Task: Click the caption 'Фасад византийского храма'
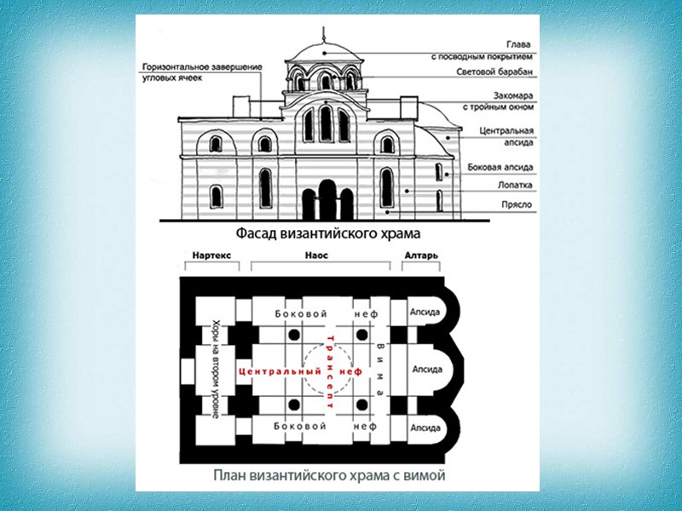[327, 232]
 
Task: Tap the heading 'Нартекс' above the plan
[211, 255]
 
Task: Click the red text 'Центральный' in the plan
[275, 372]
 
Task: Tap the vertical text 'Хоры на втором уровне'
[214, 369]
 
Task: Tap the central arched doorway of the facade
[327, 200]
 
